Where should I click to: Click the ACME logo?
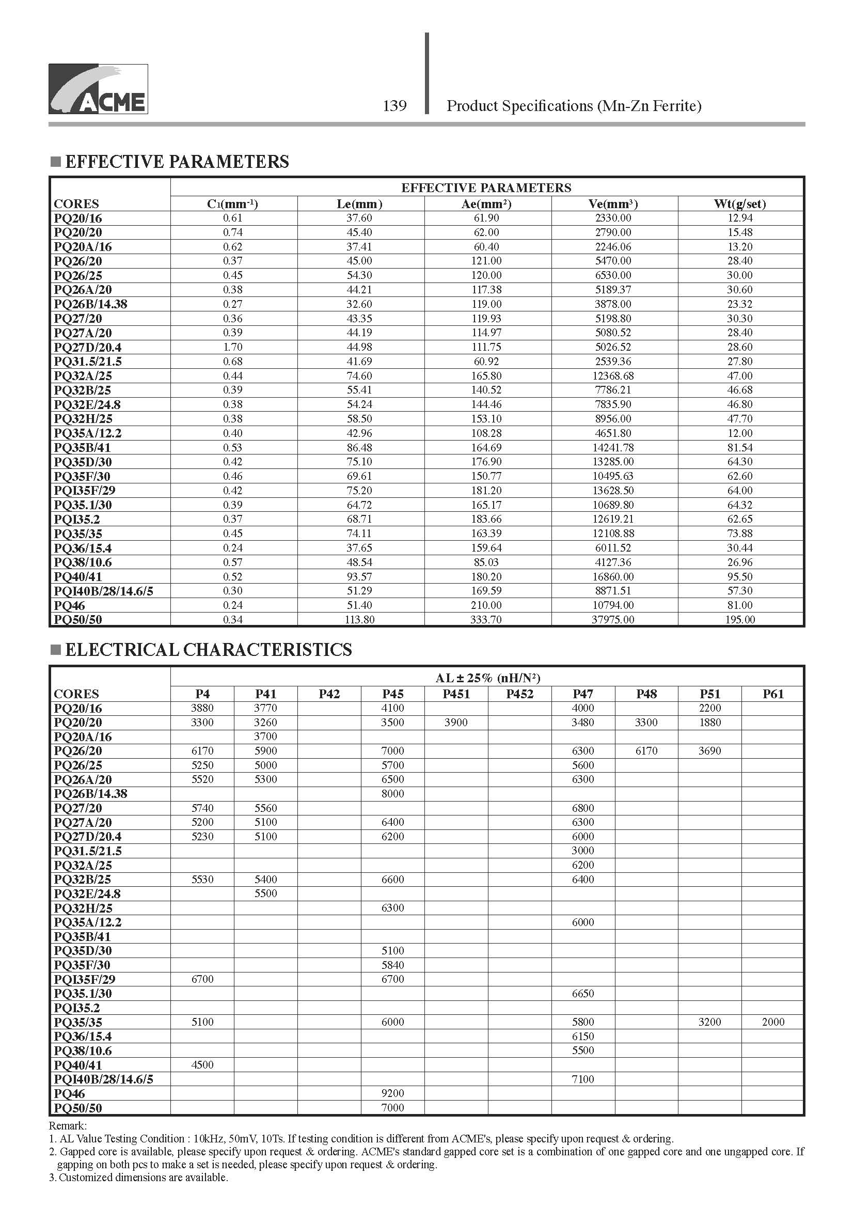click(98, 89)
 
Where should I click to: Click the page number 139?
click(394, 106)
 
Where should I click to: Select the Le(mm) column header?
click(360, 204)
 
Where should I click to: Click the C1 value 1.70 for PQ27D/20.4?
click(232, 347)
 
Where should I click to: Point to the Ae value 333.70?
click(486, 620)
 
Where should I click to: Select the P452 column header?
click(519, 694)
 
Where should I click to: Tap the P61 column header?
click(772, 694)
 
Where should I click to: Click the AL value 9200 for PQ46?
click(392, 1093)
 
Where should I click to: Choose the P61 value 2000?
click(772, 1022)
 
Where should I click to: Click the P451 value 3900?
click(455, 723)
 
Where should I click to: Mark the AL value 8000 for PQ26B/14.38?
click(392, 793)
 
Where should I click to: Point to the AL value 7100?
click(582, 1079)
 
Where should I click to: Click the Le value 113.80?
click(360, 620)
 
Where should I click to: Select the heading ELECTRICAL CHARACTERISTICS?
click(208, 650)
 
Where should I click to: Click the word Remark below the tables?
click(67, 1126)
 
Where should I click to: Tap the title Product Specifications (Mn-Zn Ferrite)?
click(574, 106)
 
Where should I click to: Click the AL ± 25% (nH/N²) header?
click(487, 678)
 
